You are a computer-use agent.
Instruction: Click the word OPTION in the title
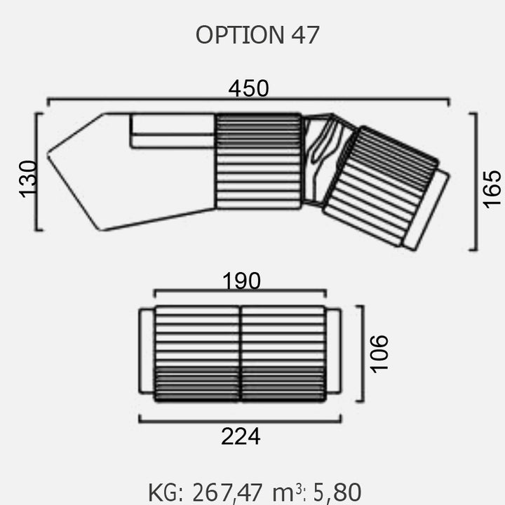coord(241,35)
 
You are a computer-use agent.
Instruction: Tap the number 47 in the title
coord(305,35)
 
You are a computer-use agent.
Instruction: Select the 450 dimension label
coord(248,88)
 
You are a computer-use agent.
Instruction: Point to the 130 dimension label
coord(27,179)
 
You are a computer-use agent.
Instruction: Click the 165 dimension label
coord(492,189)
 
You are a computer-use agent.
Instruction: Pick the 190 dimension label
coord(241,281)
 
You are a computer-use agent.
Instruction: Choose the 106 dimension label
coord(379,354)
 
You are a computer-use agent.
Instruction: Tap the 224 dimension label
coord(241,436)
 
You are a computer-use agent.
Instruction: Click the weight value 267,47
coord(227,493)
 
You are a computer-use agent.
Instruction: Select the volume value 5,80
coord(337,493)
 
